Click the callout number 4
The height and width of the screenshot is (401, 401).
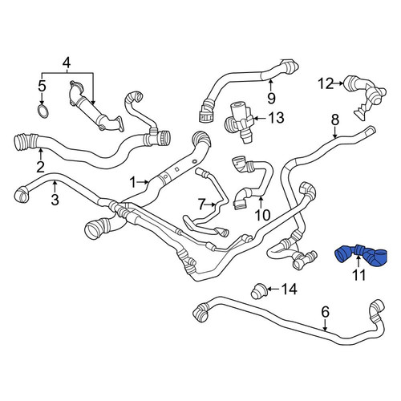click(x=67, y=63)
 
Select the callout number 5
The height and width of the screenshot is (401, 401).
click(x=42, y=86)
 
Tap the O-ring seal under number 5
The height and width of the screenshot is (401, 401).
click(x=43, y=111)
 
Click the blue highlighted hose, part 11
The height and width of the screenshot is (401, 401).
click(x=361, y=256)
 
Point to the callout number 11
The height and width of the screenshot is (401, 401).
click(x=358, y=275)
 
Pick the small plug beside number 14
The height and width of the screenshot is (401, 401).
click(x=258, y=292)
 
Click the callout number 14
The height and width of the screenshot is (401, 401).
click(x=290, y=289)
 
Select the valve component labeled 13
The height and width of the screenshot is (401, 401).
click(x=239, y=121)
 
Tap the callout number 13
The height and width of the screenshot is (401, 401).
click(x=277, y=118)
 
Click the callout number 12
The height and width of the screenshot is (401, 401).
click(x=326, y=83)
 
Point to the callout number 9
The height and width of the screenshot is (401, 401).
click(x=271, y=98)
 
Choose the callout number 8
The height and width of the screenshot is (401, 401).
click(x=335, y=119)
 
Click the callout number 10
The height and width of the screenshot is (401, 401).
click(x=262, y=215)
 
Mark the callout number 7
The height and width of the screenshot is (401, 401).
click(x=201, y=205)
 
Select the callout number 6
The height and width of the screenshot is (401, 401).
click(x=325, y=312)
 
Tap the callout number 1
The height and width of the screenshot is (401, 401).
click(x=132, y=183)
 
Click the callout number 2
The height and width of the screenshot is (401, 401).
click(x=40, y=167)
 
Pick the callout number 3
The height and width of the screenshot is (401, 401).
click(x=55, y=200)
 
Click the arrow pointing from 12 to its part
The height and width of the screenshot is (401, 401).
click(x=339, y=83)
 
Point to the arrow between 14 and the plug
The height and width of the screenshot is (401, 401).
click(x=273, y=289)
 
